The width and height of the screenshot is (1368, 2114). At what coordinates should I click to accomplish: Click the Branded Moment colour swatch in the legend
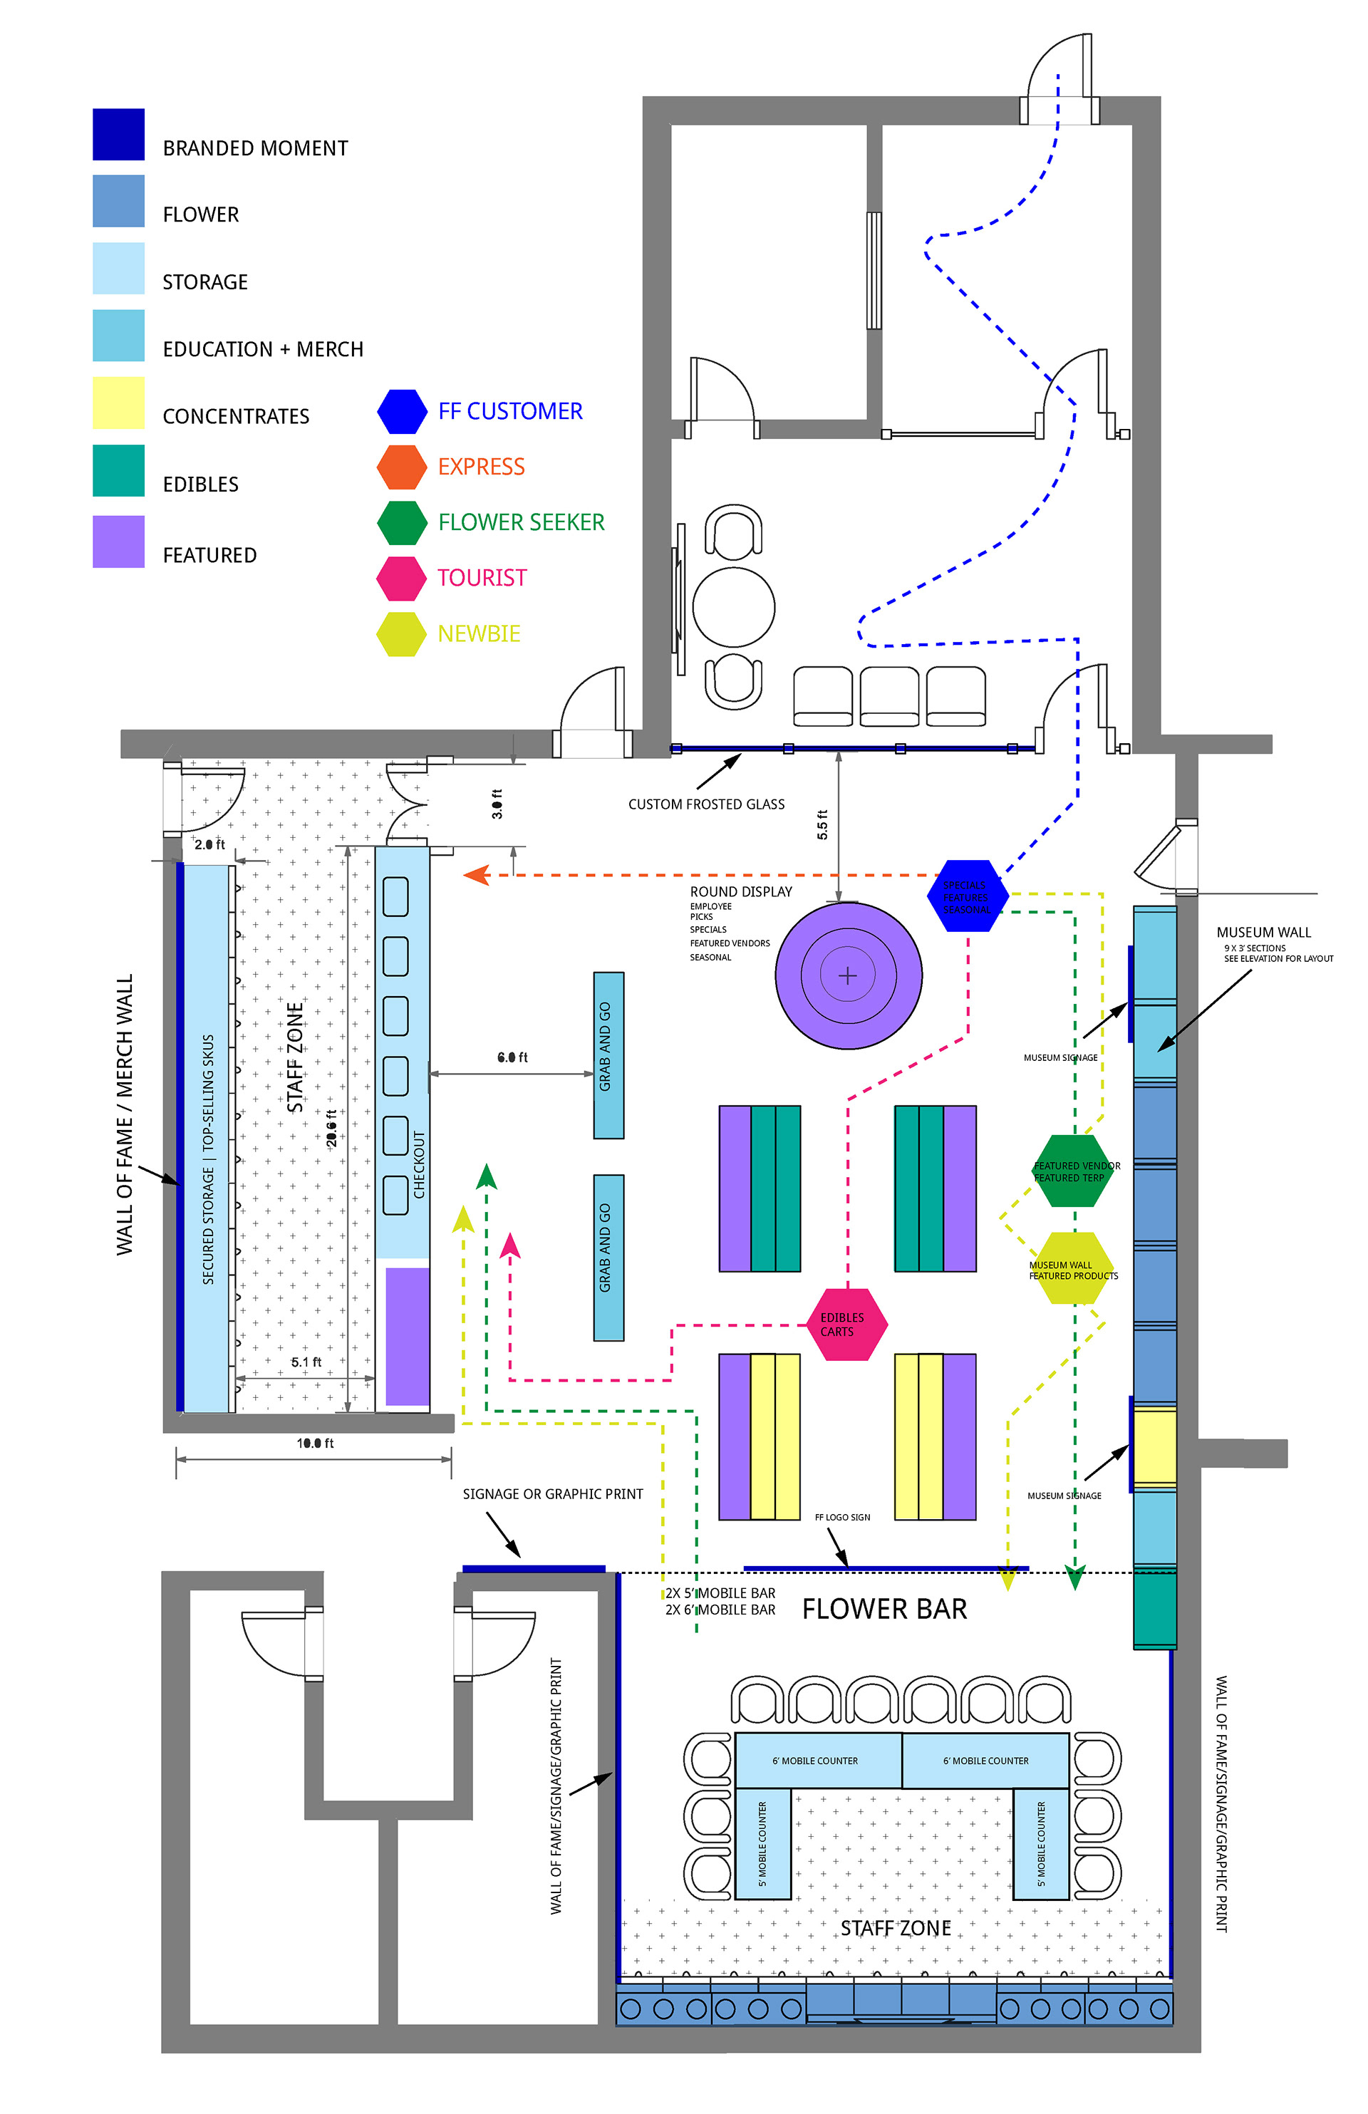coord(118,134)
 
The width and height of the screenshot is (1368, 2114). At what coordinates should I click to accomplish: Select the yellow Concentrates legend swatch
coord(118,403)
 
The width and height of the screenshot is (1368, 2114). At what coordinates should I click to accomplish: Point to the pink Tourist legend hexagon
coord(402,579)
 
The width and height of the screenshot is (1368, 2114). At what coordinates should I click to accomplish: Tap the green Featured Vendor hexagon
coord(1072,1171)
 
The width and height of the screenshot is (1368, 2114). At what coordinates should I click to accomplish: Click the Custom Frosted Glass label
coord(706,804)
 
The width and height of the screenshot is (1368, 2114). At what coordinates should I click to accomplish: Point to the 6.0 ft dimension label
coord(512,1057)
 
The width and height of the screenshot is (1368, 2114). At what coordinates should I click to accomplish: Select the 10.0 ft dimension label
coord(316,1444)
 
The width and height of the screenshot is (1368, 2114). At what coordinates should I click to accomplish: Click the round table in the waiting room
coord(733,608)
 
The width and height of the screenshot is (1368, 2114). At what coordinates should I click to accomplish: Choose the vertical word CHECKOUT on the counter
coord(419,1164)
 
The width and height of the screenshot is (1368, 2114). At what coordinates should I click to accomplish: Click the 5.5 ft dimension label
coord(822,824)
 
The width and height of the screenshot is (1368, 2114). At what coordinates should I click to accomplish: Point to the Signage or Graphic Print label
coord(552,1494)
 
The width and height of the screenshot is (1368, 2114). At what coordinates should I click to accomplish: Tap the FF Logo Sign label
coord(842,1517)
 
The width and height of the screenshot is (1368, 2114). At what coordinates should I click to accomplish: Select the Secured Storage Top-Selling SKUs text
coord(209,1159)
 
